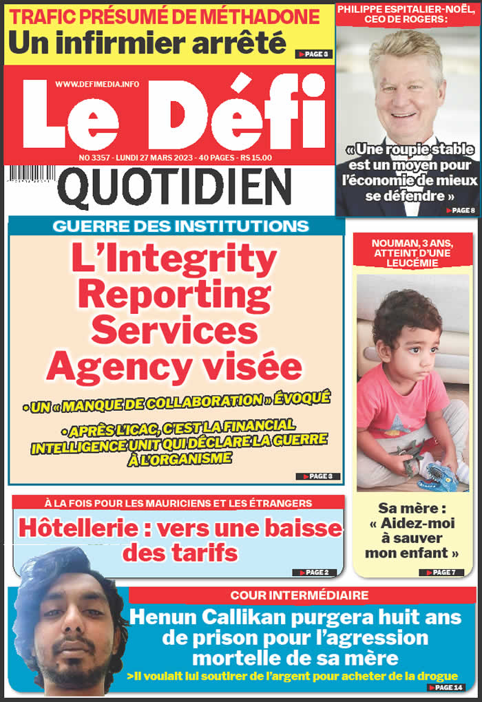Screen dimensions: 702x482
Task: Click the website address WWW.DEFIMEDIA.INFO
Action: coord(97,84)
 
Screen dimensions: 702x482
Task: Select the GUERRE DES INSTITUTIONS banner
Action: coord(180,226)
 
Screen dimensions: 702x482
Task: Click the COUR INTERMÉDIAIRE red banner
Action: coord(300,595)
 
